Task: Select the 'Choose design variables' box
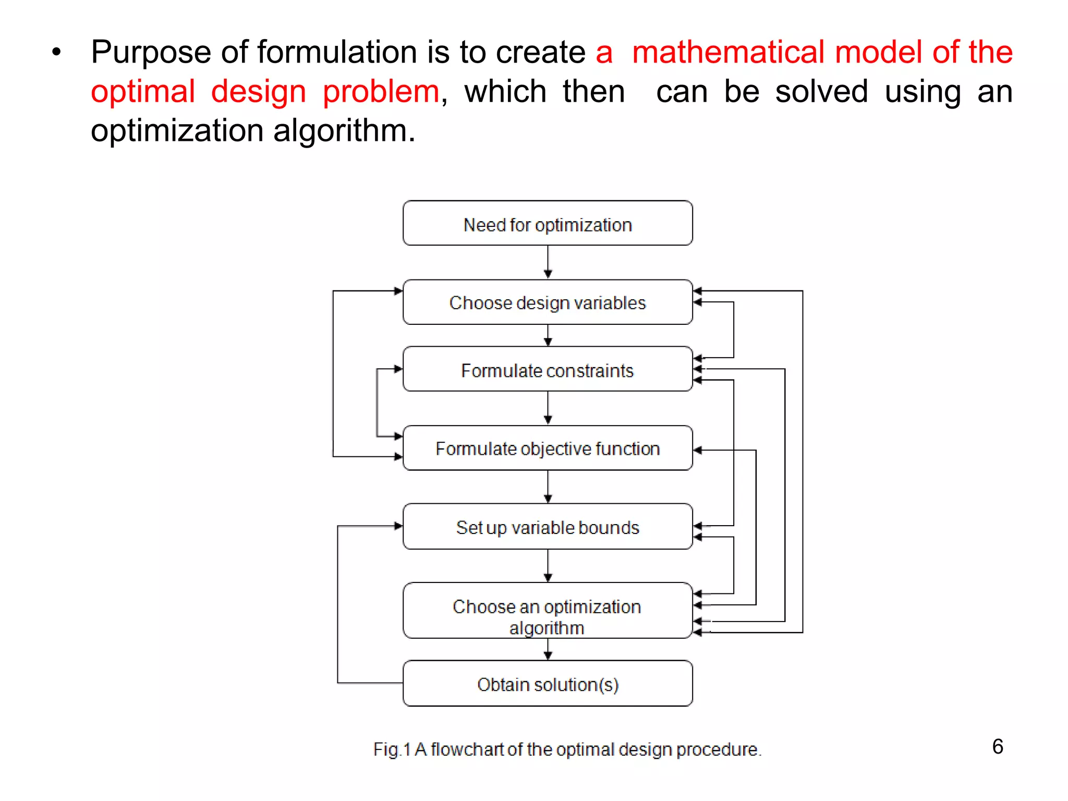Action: click(x=548, y=302)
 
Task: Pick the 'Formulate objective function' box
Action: click(x=548, y=448)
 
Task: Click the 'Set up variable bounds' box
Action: click(x=548, y=527)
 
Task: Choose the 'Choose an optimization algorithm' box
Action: click(x=548, y=611)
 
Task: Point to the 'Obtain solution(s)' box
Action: click(x=548, y=684)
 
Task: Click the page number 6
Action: click(x=998, y=747)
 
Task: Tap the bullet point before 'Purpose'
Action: click(x=56, y=52)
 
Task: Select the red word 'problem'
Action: click(x=381, y=92)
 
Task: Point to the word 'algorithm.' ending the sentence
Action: click(x=344, y=130)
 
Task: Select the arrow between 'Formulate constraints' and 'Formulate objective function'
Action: click(x=548, y=408)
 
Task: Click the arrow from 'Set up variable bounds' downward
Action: click(x=548, y=566)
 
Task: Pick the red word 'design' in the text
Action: click(x=259, y=92)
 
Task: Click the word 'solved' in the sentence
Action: click(x=821, y=92)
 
